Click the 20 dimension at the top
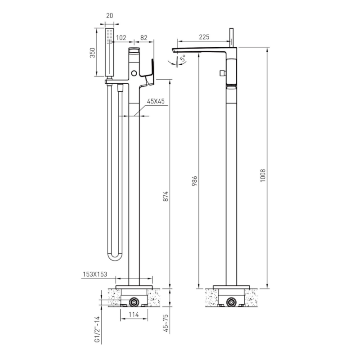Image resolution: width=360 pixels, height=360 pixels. point(109,16)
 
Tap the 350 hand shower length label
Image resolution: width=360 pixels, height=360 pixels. point(92,53)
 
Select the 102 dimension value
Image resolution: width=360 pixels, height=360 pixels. point(121,38)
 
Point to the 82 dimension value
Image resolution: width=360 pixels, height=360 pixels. point(144,38)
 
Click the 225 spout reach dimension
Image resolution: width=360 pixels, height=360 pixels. point(204,37)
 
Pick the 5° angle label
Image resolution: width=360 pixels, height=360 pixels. point(184,58)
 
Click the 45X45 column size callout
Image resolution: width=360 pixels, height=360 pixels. point(156,101)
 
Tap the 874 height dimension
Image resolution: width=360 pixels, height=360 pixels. point(166,196)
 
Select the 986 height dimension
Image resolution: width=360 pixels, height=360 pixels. point(194,181)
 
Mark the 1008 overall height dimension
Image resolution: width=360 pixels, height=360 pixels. point(263,175)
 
